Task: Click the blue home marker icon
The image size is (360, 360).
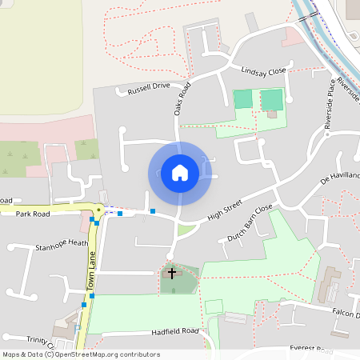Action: coord(180,173)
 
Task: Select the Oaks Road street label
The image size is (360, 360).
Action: coord(182,98)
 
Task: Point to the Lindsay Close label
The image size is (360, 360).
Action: coord(263,71)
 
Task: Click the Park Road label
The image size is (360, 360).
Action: coord(32,214)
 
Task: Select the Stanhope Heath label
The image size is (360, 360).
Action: coord(62,244)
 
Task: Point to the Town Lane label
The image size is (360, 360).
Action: coord(92,272)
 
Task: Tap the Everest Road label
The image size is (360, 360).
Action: coord(311,350)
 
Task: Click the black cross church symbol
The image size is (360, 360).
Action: coord(171,274)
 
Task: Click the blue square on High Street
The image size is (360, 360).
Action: coord(153,211)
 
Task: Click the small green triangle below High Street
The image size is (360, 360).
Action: coord(186,230)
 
